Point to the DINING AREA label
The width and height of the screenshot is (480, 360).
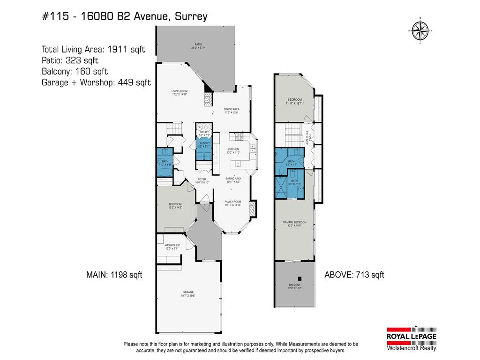[x=232, y=111]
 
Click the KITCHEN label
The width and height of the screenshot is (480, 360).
[x=233, y=150]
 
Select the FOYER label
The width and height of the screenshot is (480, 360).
[x=202, y=180]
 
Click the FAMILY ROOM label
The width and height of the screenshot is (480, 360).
[x=232, y=203]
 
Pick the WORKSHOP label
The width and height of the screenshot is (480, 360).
[x=172, y=247]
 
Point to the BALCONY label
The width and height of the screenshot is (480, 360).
[x=294, y=286]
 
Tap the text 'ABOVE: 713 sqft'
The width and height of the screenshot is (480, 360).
[x=354, y=275]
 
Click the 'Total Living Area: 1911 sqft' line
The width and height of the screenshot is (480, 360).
[x=94, y=49]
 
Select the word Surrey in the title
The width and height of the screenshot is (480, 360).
[x=191, y=17]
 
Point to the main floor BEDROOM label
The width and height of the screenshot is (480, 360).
[x=175, y=205]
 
